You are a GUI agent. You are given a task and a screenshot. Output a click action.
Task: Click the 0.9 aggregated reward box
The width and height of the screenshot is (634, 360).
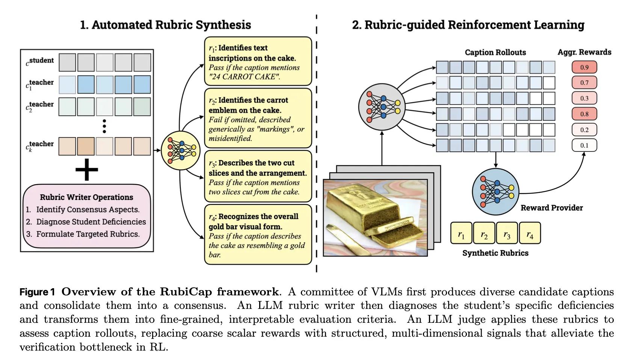pyautogui.click(x=584, y=67)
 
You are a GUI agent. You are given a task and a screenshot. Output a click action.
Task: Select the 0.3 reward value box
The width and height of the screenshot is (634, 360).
pyautogui.click(x=584, y=98)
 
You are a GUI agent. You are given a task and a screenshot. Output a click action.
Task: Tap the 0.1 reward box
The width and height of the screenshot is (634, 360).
pyautogui.click(x=584, y=145)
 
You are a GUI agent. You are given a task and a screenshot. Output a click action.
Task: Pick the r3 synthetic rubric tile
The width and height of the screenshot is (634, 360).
pyautogui.click(x=507, y=233)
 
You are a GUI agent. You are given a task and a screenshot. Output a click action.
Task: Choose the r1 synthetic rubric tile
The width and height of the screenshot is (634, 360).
pyautogui.click(x=461, y=233)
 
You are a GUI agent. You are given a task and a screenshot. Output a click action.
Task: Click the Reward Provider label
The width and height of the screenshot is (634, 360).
pyautogui.click(x=551, y=208)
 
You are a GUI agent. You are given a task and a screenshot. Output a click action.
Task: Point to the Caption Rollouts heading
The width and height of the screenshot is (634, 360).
pyautogui.click(x=495, y=52)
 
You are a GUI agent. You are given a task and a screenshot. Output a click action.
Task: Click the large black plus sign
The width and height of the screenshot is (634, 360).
pyautogui.click(x=87, y=169)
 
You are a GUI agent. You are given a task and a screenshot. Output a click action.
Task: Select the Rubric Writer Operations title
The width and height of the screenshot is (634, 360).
pyautogui.click(x=86, y=197)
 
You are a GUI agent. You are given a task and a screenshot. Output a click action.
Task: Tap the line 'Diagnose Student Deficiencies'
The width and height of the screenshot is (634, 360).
pyautogui.click(x=91, y=222)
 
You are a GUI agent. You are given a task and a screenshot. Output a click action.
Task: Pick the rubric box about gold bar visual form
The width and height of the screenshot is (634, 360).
pyautogui.click(x=258, y=234)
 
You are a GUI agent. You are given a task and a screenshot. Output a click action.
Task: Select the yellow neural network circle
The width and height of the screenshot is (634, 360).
pyautogui.click(x=181, y=150)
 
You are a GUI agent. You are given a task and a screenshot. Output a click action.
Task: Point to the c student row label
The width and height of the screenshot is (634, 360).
pyautogui.click(x=40, y=62)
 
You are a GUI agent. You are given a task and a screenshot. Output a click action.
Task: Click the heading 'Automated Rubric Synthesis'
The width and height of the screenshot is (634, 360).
pyautogui.click(x=165, y=25)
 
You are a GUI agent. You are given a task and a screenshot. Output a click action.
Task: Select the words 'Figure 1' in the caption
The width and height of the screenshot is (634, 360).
pyautogui.click(x=37, y=292)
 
